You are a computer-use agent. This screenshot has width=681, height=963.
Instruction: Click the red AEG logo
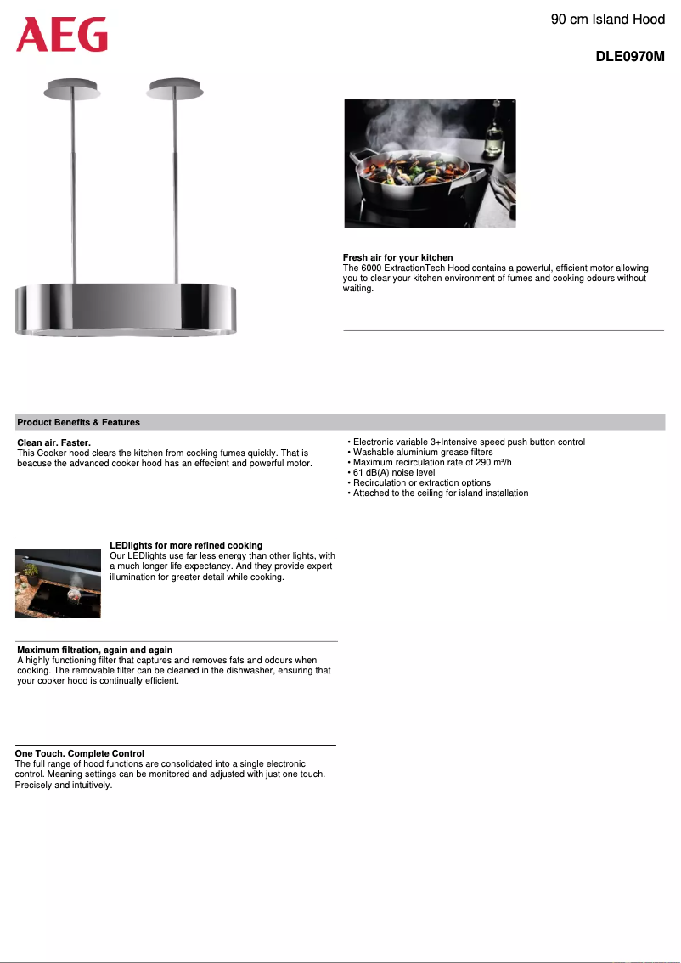point(62,35)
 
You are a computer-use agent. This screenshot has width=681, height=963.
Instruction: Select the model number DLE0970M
point(629,58)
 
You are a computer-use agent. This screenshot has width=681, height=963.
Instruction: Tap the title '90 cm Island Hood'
point(607,19)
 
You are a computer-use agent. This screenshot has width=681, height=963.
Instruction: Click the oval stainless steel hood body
point(126,308)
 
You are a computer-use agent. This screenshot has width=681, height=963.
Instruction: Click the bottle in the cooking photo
point(492,136)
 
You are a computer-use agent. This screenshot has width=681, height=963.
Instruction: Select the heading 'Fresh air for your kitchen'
point(397,257)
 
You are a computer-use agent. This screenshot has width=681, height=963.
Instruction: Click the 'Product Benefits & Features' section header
point(79,422)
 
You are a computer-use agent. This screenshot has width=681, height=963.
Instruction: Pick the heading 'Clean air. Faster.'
point(53,443)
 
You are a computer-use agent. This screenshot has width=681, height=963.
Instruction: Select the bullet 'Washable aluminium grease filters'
point(422,452)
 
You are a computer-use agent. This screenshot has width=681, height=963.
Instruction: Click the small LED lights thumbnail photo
point(58,583)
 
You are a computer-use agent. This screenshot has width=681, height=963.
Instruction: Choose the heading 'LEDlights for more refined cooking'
point(186,545)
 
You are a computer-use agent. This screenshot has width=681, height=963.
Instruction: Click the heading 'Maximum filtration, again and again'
point(94,650)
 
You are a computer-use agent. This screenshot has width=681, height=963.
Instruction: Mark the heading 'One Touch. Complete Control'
point(79,753)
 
